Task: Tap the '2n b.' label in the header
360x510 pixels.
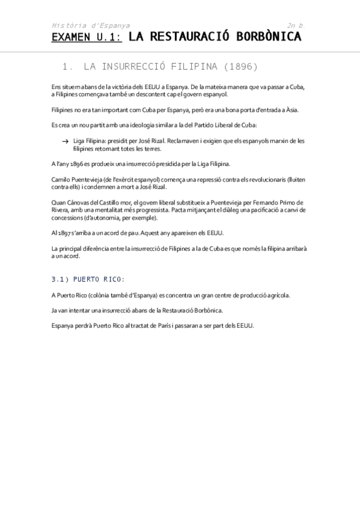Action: pyautogui.click(x=296, y=25)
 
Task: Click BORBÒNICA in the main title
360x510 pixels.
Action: pyautogui.click(x=266, y=38)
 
